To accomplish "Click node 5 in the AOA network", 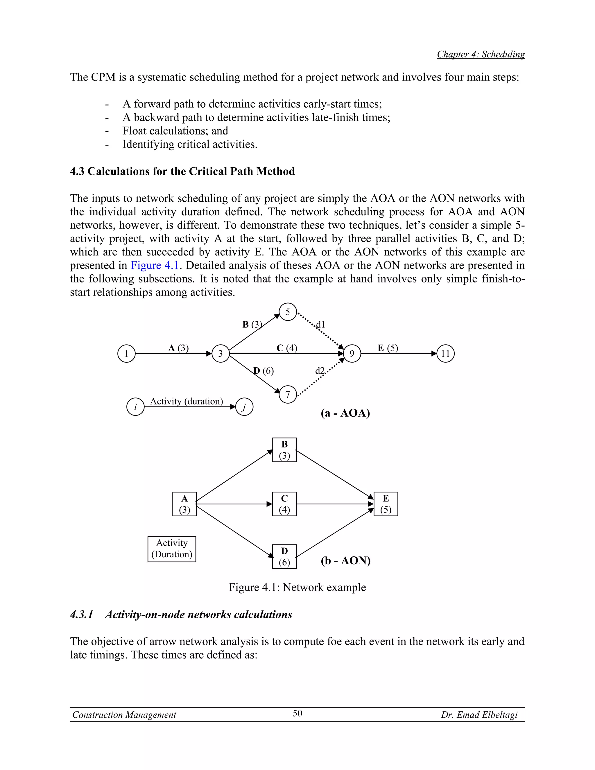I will tap(288, 312).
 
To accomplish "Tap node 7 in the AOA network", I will tap(288, 395).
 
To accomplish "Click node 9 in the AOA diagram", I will tap(352, 354).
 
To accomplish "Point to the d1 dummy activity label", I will tap(320, 324).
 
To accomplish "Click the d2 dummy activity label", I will tap(320, 371).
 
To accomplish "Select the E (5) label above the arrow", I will tap(388, 348).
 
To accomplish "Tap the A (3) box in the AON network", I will tap(184, 504).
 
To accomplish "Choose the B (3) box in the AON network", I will tap(284, 450).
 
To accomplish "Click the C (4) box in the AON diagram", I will tap(284, 504).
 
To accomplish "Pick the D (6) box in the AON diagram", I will tap(284, 557).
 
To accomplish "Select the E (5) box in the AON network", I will tap(386, 504).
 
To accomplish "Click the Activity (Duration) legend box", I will tap(172, 549).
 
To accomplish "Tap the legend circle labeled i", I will tap(135, 407).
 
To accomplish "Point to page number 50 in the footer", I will tap(297, 714).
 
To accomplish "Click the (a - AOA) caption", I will tap(345, 413).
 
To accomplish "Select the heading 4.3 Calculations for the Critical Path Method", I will tap(182, 171).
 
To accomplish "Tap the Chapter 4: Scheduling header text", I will tap(481, 54).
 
